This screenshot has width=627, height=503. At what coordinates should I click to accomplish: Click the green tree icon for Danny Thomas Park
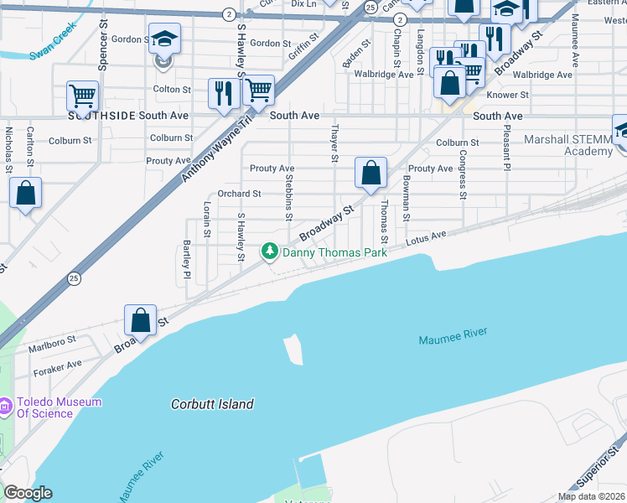pos(270,251)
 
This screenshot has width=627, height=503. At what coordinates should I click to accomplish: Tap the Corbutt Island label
pos(212,404)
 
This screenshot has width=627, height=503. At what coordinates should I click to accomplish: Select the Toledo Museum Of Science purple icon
pos(6,407)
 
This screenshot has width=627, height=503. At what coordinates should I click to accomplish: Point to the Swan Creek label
pos(53,40)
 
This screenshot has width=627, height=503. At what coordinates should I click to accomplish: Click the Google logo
pos(28,493)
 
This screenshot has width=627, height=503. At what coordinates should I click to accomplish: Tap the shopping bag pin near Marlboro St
pos(140,319)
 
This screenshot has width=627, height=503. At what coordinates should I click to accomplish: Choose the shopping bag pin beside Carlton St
pos(26,193)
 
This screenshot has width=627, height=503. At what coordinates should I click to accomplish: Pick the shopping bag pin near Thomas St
pos(370,174)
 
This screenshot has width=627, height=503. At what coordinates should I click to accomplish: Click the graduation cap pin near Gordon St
pos(164,38)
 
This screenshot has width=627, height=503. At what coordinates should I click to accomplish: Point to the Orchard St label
pos(239,194)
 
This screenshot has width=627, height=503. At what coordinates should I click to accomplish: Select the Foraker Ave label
pos(58,365)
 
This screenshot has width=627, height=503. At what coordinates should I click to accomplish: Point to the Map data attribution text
pos(591,496)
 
